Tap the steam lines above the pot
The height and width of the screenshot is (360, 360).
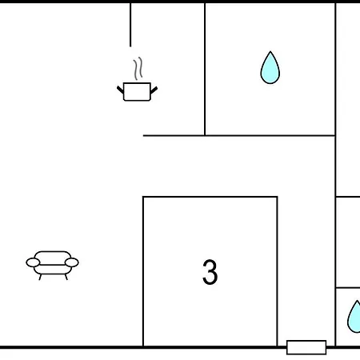138,68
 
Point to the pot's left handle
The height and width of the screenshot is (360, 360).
120,90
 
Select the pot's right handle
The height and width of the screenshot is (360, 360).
154,90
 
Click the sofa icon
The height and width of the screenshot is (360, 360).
52,265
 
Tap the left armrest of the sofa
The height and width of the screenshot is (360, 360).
33,262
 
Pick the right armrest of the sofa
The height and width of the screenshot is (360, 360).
72,262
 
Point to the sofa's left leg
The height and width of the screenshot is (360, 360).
40,278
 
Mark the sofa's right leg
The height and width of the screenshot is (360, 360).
66,278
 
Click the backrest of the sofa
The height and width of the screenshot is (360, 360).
53,254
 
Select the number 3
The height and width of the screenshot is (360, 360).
210,272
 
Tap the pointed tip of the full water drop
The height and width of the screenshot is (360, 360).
270,51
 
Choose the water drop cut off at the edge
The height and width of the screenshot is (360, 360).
354,317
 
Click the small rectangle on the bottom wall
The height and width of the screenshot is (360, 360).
306,347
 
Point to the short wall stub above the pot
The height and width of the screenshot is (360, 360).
130,25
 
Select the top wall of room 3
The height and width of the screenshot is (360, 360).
210,197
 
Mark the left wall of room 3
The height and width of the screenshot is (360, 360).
143,271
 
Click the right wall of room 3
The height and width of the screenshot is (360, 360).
277,271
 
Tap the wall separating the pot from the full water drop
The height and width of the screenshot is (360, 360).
205,70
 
